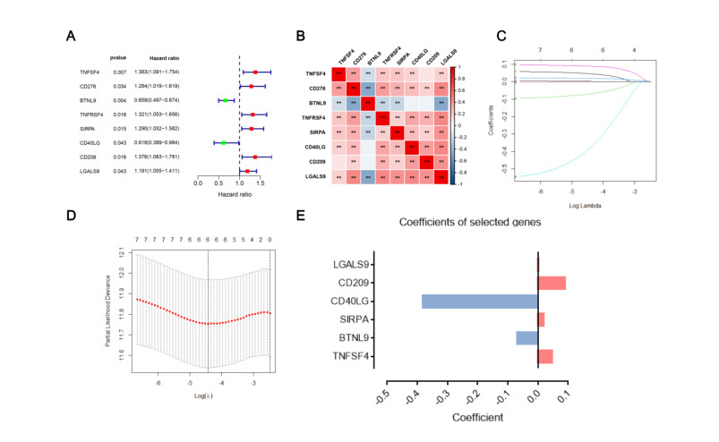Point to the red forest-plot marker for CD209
pyautogui.click(x=255, y=157)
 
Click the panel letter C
pyautogui.click(x=501, y=37)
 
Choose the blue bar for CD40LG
pyautogui.click(x=479, y=302)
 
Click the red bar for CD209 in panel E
pyautogui.click(x=552, y=283)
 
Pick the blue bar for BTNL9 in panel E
pyautogui.click(x=526, y=337)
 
